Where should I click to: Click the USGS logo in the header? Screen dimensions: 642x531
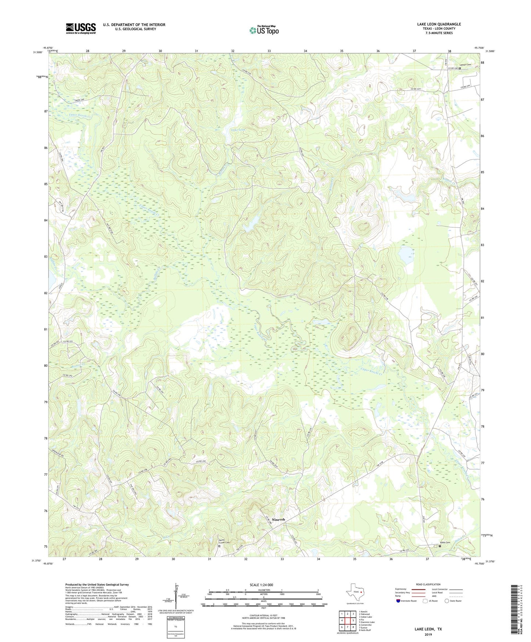pyautogui.click(x=81, y=28)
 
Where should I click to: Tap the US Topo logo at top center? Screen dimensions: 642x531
pyautogui.click(x=264, y=30)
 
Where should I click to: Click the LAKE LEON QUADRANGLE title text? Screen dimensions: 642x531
pyautogui.click(x=439, y=24)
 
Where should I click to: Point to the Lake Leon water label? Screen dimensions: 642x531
pyautogui.click(x=238, y=130)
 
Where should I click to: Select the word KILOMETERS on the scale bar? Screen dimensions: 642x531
pyautogui.click(x=263, y=590)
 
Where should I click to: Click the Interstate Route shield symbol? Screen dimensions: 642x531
pyautogui.click(x=398, y=601)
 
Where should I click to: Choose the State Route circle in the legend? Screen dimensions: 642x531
pyautogui.click(x=447, y=601)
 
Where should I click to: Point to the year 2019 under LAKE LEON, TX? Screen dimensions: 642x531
pyautogui.click(x=428, y=634)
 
